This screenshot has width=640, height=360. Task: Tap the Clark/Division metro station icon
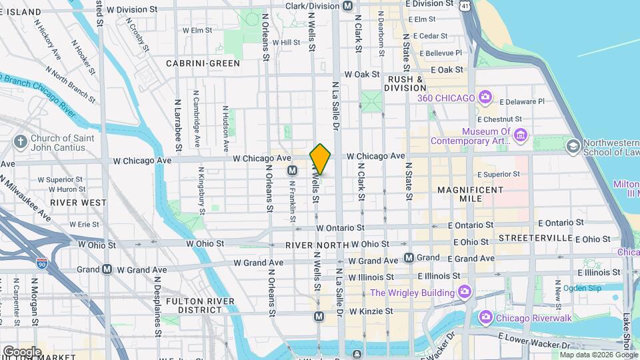click(347, 6)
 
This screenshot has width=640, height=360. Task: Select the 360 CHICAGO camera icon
click(485, 98)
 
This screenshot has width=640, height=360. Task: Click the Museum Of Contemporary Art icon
click(521, 137)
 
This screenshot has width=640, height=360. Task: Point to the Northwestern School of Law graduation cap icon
click(572, 145)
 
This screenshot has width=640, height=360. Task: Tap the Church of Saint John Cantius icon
click(21, 141)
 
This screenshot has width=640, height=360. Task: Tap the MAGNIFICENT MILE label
click(471, 195)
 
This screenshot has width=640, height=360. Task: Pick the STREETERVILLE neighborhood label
click(535, 238)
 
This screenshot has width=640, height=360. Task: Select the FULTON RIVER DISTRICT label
click(201, 305)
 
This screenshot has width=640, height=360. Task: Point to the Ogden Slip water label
click(582, 289)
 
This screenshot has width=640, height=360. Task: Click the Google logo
click(22, 351)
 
